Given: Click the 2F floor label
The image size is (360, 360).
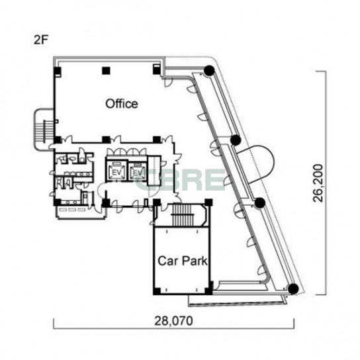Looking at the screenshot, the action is tap(40, 40).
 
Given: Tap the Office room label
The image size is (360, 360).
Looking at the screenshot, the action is tap(122, 104).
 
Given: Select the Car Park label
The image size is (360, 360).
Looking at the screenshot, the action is tap(182, 261).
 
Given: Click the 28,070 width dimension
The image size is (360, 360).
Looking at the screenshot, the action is tap(173, 320).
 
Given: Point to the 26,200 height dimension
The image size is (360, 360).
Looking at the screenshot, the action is tap(318, 183).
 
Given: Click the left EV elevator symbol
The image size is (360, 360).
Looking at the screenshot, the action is tap(117, 170).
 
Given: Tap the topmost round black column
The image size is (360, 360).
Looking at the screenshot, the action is tap(209, 70).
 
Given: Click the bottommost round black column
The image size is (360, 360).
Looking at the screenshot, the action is tap(293, 289).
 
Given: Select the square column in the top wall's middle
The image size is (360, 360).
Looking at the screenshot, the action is tap(106, 71).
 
